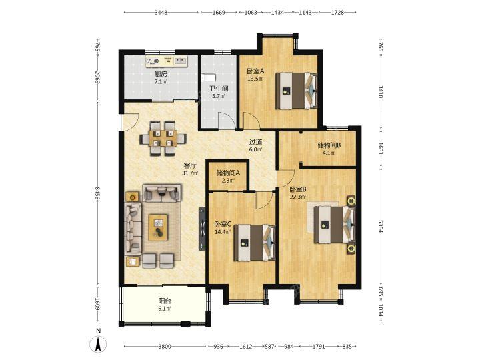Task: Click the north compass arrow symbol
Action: click(x=98, y=344)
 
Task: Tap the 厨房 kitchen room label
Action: click(x=161, y=74)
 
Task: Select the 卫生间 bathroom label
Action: click(x=219, y=89)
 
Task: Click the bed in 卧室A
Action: click(x=296, y=91)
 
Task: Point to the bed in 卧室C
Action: click(x=255, y=243)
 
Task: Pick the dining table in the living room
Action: click(x=163, y=138)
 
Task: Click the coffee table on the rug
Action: click(x=158, y=227)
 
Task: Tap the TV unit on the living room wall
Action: click(x=202, y=229)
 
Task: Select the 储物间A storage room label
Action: click(x=228, y=173)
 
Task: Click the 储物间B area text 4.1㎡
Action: click(x=329, y=153)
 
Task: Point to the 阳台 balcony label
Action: click(x=165, y=301)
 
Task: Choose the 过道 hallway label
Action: click(x=255, y=142)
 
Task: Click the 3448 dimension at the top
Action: click(x=161, y=13)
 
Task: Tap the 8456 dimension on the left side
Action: click(x=97, y=193)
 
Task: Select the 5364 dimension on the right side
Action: click(x=381, y=226)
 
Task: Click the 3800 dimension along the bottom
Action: click(x=165, y=347)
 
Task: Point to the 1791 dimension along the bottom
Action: click(x=319, y=347)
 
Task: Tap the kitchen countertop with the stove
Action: click(x=166, y=61)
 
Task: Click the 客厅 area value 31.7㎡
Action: click(x=190, y=173)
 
